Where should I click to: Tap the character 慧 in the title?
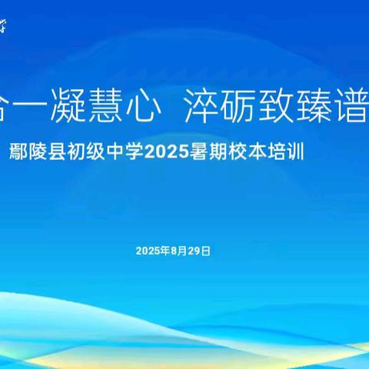pos(110,112)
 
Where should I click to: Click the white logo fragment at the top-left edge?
pos(5,26)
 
